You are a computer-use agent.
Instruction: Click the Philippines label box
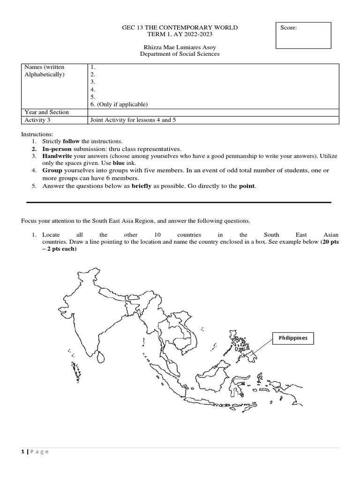tap(293, 338)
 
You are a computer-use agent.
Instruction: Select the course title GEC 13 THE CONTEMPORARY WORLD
tap(180, 28)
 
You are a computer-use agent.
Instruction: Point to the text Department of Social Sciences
tap(180, 54)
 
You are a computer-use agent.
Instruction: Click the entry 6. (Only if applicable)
tap(119, 104)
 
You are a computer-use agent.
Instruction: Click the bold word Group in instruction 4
tap(52, 171)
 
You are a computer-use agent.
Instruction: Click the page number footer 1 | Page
tap(35, 452)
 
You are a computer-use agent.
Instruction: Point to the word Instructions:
tap(37, 134)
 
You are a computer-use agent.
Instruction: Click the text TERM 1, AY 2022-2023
tap(180, 35)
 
